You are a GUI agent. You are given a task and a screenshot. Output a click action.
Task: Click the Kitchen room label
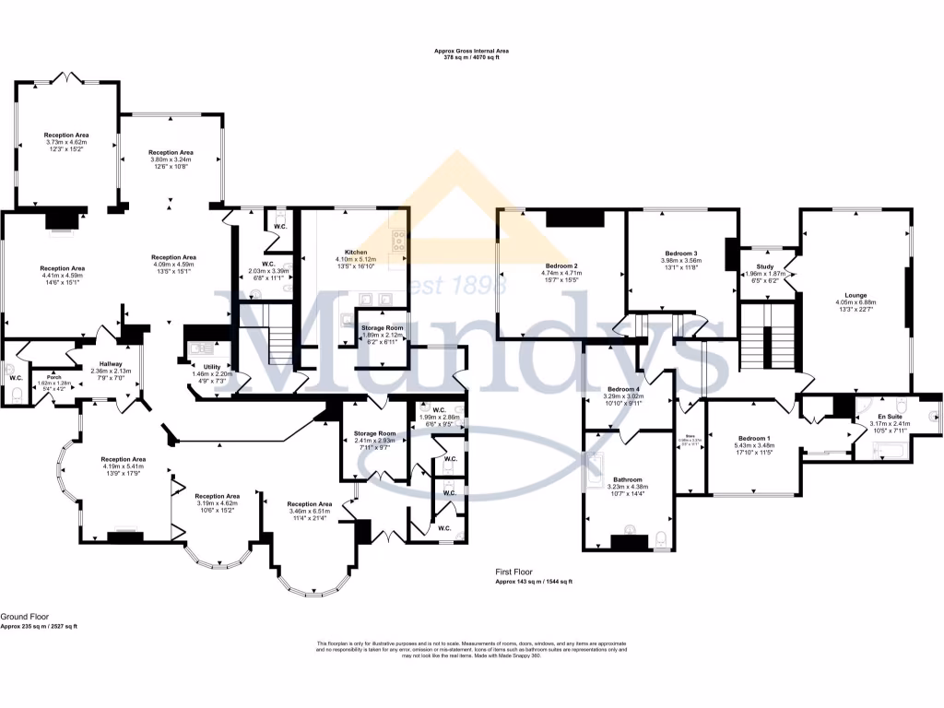point(356,252)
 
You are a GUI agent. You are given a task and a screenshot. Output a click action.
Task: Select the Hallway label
point(111,364)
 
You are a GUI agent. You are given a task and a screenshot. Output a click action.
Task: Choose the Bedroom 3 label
point(680,253)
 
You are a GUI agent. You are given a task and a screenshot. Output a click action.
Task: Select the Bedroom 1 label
point(754,438)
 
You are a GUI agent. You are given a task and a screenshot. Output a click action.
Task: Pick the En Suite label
point(890,417)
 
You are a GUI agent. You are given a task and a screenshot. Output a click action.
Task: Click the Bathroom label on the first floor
point(627,479)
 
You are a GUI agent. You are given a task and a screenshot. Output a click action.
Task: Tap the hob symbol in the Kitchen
point(399,241)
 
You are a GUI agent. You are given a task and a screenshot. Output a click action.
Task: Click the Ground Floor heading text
point(24,617)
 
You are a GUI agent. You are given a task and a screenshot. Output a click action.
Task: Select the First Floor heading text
point(513,572)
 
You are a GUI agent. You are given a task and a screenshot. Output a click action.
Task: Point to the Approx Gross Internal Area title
point(471,51)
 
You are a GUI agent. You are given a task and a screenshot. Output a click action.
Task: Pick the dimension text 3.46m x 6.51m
point(309,511)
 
